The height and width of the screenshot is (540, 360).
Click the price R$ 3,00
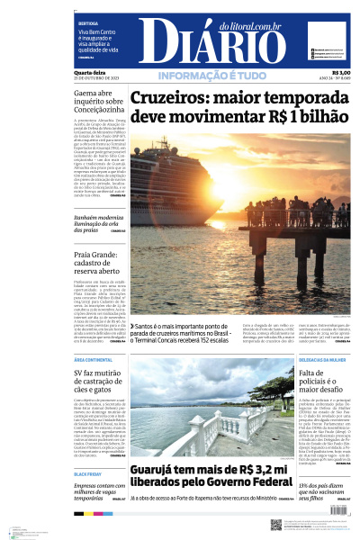(341, 72)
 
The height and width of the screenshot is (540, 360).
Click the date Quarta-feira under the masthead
(90, 72)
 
